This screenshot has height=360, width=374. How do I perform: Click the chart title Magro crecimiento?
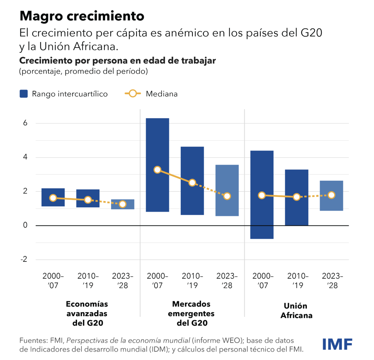click(x=82, y=16)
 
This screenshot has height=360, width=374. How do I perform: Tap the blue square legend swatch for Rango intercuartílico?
click(x=24, y=94)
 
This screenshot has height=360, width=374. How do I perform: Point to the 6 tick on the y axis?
click(x=26, y=123)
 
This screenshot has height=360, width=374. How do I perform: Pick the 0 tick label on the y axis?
click(x=26, y=225)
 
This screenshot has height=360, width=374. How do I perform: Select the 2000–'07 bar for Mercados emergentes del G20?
click(x=157, y=165)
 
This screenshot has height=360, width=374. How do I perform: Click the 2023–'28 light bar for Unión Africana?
click(x=331, y=196)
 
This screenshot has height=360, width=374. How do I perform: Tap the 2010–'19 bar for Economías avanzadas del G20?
click(x=88, y=198)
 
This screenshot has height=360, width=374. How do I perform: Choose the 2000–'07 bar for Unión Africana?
click(x=262, y=195)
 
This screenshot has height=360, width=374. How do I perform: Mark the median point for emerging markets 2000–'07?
click(x=157, y=170)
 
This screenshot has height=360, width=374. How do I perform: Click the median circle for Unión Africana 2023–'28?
click(x=331, y=195)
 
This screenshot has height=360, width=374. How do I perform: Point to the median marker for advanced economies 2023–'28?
click(x=123, y=204)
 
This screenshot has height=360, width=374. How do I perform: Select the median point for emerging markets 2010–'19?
click(x=192, y=183)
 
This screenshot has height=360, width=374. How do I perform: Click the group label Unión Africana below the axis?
click(x=296, y=310)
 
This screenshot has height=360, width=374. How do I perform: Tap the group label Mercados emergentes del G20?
click(x=192, y=313)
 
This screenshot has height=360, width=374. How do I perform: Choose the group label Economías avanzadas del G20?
click(x=87, y=313)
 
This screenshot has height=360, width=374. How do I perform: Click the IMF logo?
click(x=337, y=344)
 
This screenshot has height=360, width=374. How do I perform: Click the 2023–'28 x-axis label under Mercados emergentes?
click(x=227, y=280)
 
